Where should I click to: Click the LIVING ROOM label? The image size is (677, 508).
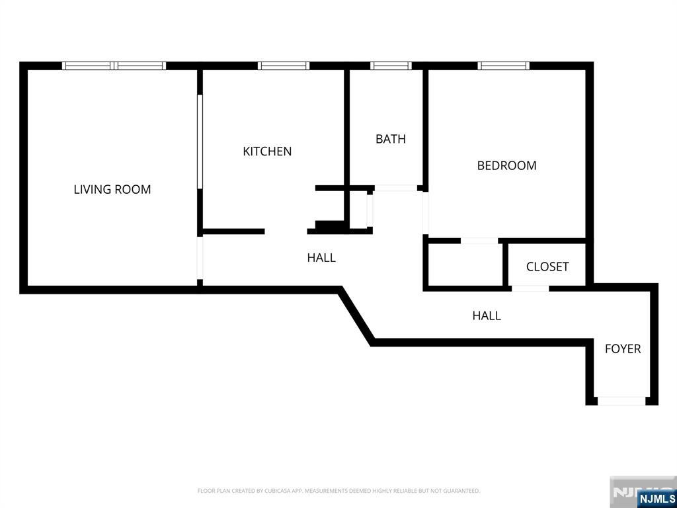click(112, 189)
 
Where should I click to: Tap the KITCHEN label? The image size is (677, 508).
click(267, 151)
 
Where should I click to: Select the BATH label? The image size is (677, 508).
click(390, 139)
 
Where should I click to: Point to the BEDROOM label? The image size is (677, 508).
click(506, 165)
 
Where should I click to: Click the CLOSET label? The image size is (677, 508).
click(547, 267)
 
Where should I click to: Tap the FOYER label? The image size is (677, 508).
click(622, 349)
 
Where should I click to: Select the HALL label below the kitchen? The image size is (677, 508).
click(321, 258)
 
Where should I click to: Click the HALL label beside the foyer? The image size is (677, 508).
click(486, 316)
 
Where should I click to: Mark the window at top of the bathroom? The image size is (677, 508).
click(391, 65)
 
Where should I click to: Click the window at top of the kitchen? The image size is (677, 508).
click(283, 65)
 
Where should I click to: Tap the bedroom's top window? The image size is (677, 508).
click(503, 65)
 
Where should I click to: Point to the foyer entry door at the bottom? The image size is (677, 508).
click(621, 401)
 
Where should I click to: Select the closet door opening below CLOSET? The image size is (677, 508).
click(530, 288)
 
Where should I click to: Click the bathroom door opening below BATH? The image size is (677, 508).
click(395, 189)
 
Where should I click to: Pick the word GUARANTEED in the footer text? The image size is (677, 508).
click(463, 491)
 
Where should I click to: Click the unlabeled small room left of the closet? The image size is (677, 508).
click(464, 265)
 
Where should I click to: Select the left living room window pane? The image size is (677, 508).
click(87, 65)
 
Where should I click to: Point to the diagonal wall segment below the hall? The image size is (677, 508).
click(357, 316)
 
